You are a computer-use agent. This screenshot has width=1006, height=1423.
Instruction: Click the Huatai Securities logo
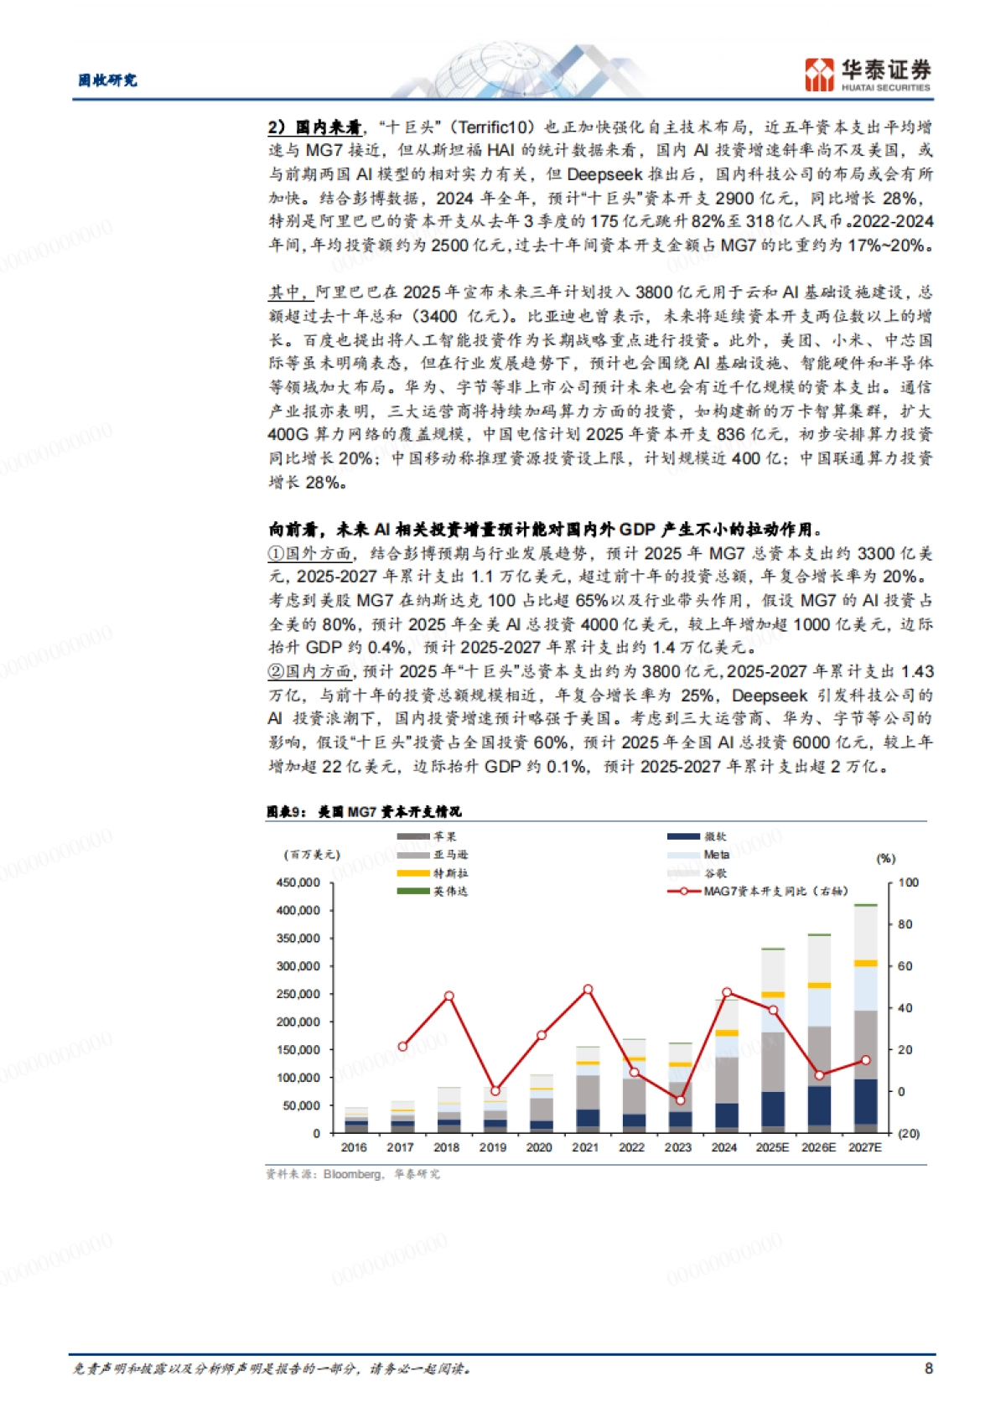point(867,74)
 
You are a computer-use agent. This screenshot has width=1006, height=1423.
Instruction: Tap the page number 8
point(928,1368)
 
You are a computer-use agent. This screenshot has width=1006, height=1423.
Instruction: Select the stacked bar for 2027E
point(865,1018)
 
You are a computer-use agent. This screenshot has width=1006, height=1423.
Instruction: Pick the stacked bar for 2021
point(588,1089)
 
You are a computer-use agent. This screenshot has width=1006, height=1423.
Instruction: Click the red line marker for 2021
point(588,990)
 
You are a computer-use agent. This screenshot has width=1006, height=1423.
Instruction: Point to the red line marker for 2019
point(495,1090)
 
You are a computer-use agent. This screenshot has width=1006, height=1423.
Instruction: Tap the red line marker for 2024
point(727,992)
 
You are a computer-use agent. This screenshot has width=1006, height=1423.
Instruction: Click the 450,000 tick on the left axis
point(298,882)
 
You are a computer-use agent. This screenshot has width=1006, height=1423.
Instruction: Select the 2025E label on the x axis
point(772,1147)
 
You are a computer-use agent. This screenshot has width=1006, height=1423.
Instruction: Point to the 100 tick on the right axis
point(908,882)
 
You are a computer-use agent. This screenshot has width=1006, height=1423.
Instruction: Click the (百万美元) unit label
point(312,854)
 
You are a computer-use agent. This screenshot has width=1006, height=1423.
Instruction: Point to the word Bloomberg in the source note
point(351,1174)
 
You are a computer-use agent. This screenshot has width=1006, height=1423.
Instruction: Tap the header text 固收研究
point(107,80)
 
